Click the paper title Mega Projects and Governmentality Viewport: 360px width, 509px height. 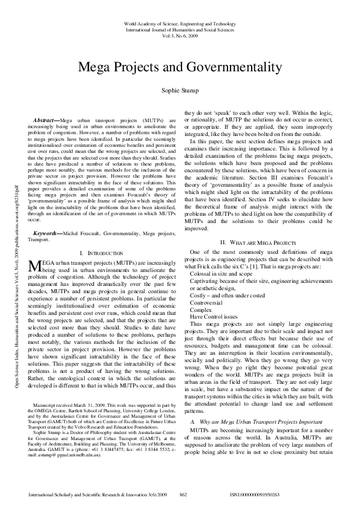click(180, 66)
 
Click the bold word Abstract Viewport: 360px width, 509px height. click(46, 120)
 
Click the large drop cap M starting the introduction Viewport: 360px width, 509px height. click(33, 283)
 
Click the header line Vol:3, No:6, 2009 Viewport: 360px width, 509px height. click(180, 35)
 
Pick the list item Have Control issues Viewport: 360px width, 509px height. click(211, 316)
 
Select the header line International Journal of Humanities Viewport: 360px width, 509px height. click(180, 29)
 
